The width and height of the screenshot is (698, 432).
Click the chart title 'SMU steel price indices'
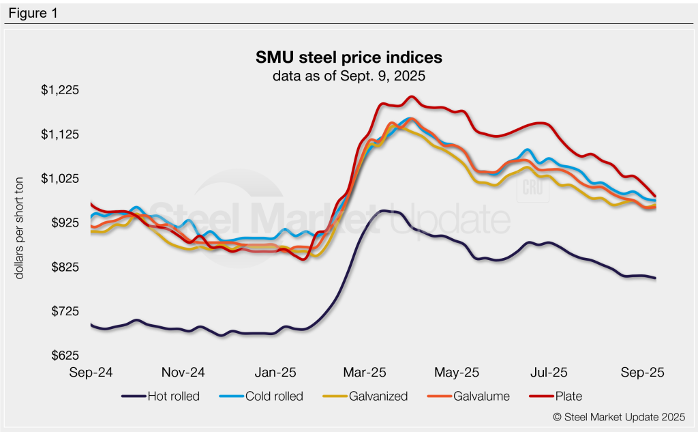(x=348, y=56)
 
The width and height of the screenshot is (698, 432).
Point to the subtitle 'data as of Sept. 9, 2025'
(x=348, y=76)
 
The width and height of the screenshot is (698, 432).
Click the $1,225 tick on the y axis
(x=61, y=90)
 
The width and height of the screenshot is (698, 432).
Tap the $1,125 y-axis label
(x=61, y=134)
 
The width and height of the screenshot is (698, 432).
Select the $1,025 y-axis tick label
(x=61, y=179)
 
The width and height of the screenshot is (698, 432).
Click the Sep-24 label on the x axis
(x=91, y=373)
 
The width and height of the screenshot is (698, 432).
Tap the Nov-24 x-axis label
(x=183, y=373)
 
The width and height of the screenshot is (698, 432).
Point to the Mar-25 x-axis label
(x=365, y=373)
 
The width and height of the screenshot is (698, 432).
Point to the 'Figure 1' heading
(x=33, y=12)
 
